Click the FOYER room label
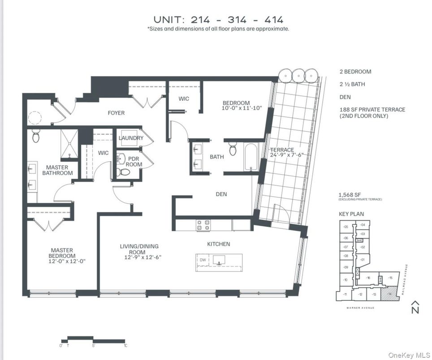coord(116,113)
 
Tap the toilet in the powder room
coord(124,171)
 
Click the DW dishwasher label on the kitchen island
coord(203,260)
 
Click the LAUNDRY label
coord(131,138)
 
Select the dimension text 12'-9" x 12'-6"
coord(139,257)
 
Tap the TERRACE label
coord(282,150)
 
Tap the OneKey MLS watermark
coord(408,355)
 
